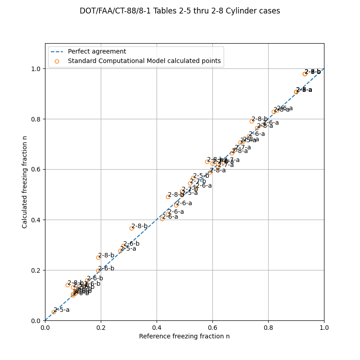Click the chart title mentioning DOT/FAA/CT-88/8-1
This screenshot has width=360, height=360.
tap(180, 11)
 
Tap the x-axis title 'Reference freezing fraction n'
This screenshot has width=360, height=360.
tap(184, 336)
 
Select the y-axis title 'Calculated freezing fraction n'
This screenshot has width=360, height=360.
tap(25, 182)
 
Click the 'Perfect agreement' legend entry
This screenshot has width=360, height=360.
tap(97, 52)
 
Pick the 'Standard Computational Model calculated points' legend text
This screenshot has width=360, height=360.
tap(144, 61)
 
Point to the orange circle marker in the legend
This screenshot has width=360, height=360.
tap(57, 61)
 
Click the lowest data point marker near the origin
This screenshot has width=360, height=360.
tap(54, 312)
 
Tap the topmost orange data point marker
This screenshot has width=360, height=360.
tap(305, 74)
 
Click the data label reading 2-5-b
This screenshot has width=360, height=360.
tap(201, 176)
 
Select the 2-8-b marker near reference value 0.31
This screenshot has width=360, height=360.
tap(131, 228)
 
